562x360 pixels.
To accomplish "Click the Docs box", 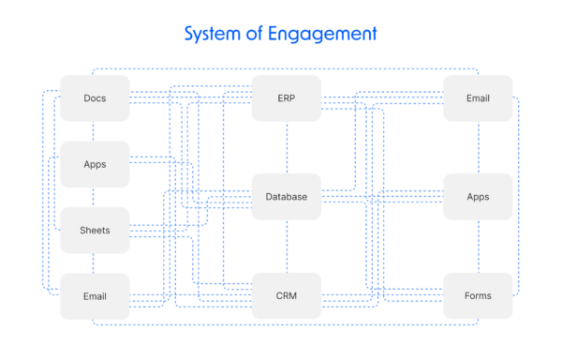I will (95, 98).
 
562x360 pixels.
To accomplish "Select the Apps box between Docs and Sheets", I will (95, 164).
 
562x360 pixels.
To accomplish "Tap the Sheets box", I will (95, 230).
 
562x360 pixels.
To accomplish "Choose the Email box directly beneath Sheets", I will (95, 296).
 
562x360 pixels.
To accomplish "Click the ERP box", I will (287, 98).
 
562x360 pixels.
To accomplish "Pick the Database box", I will (287, 197).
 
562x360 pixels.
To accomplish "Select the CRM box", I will (287, 296).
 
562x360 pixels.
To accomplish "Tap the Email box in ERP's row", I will (478, 98).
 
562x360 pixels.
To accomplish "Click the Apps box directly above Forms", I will (478, 197).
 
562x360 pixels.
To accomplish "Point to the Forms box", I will (478, 296).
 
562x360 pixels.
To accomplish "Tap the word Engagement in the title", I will (324, 35).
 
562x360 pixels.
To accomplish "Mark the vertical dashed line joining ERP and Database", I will (287, 147).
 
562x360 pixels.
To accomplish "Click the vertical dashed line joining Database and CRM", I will (287, 247).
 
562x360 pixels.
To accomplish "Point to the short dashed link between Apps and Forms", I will (478, 247).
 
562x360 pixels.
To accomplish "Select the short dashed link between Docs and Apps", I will (95, 131).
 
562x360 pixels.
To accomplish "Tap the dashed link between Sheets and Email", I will (95, 263).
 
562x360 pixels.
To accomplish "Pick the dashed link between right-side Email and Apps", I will (478, 147).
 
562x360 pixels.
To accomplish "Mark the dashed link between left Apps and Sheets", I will (95, 197).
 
